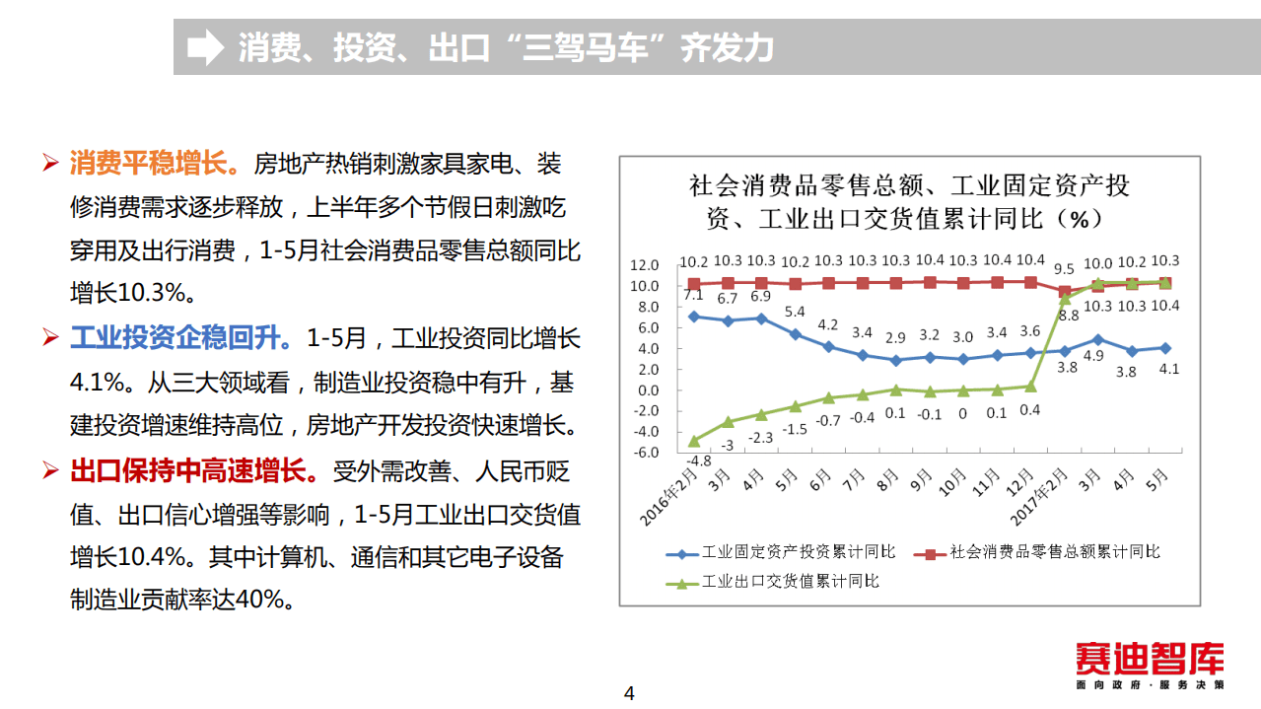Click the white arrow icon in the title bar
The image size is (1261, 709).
205,47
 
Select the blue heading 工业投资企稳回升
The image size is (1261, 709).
180,339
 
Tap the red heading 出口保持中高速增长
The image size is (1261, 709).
194,471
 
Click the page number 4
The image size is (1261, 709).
630,693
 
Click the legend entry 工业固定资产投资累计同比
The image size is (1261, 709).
799,552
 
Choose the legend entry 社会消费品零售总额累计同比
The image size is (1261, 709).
1055,552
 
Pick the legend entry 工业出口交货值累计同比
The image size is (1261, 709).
789,581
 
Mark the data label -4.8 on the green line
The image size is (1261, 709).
697,460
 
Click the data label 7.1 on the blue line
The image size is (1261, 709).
693,295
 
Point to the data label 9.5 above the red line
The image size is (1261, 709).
1064,268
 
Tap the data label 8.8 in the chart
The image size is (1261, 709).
1069,316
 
